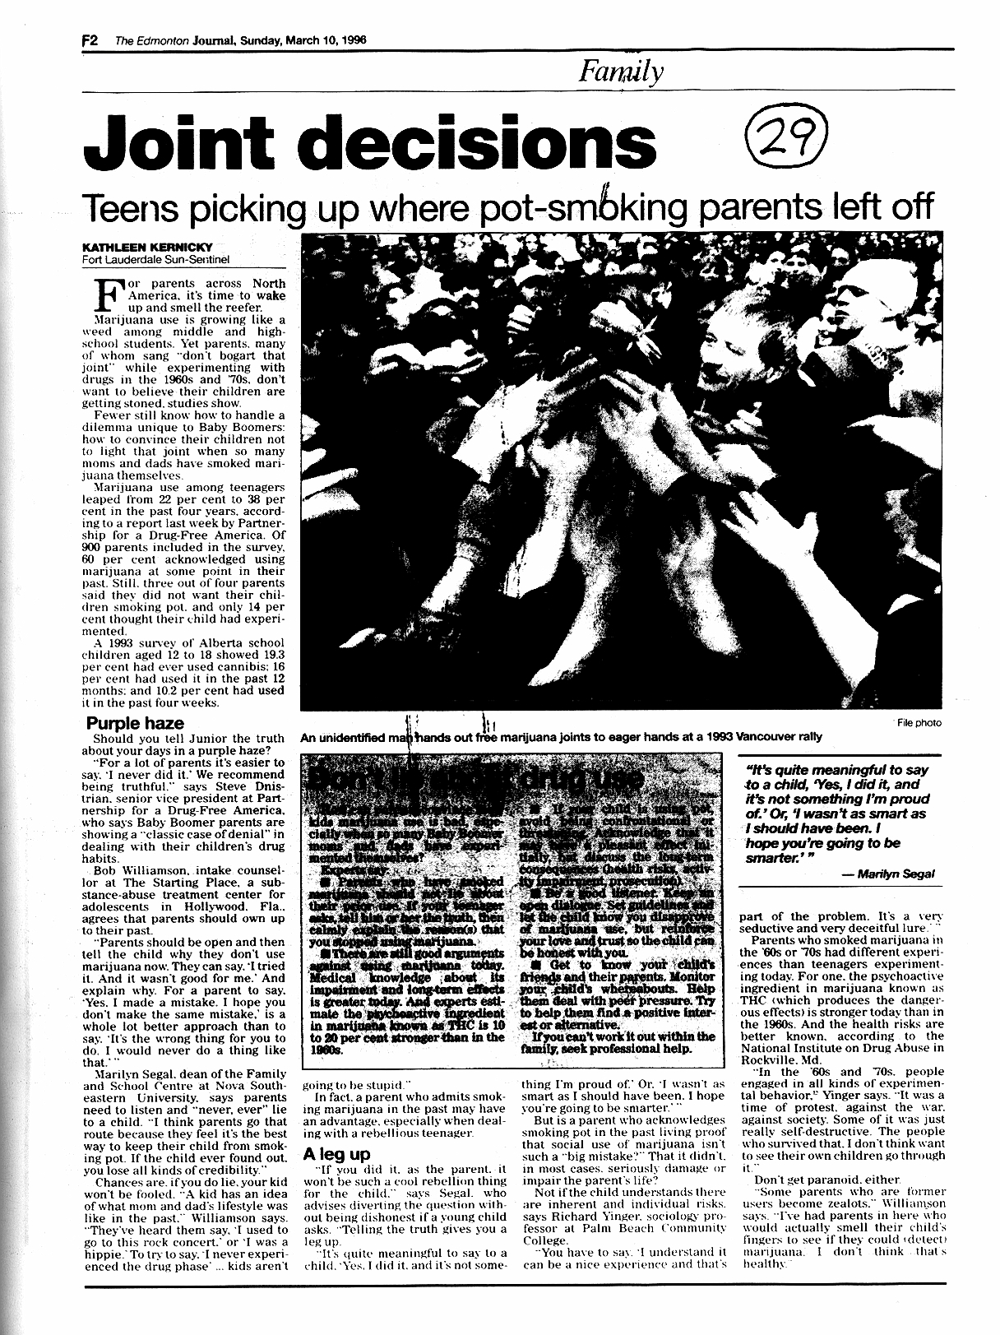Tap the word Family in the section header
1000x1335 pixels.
click(x=621, y=74)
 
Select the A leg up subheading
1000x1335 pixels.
click(x=337, y=1154)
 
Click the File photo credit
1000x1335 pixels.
click(x=919, y=723)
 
